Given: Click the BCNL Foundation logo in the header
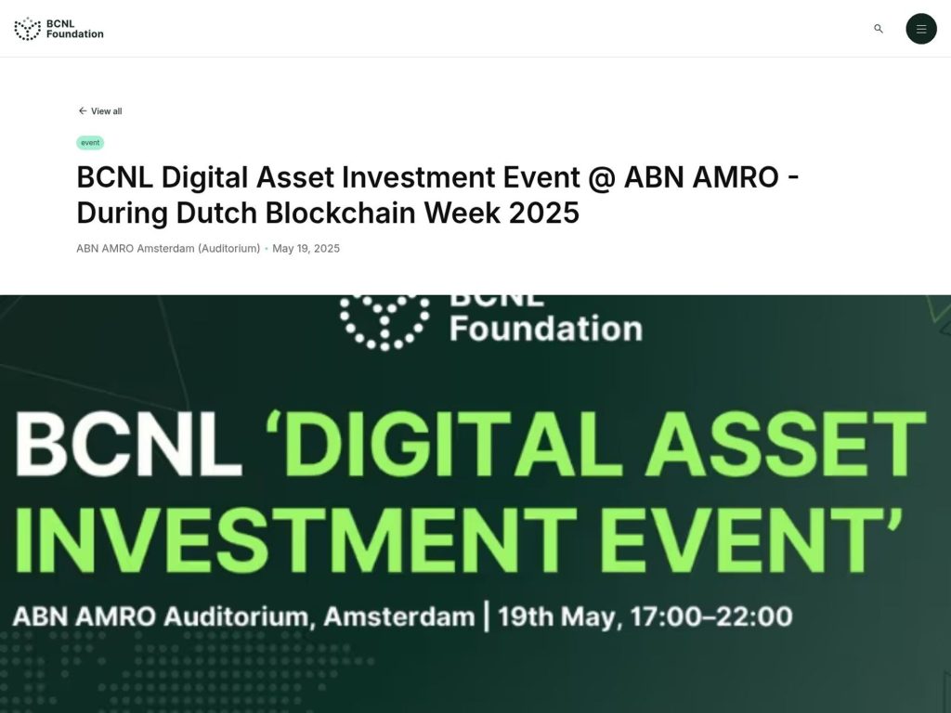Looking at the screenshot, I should coord(59,29).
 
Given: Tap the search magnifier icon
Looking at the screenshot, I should coord(879,29).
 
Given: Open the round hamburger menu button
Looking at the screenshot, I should coord(921,29).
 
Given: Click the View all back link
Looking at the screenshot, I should coord(100,111).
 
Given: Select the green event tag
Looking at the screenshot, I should coord(90,143).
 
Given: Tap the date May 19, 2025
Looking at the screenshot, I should coord(306,249).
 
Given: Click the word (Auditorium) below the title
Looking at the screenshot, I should coord(228,249).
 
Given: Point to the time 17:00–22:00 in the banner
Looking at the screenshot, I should coord(711,616).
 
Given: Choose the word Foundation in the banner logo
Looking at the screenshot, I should coord(546,329).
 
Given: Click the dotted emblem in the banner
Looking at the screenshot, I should coord(384,320).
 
